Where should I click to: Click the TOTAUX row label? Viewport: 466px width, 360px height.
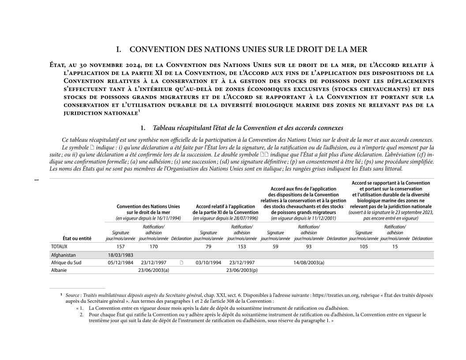click(59, 247)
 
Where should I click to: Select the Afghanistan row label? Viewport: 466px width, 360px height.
click(64, 255)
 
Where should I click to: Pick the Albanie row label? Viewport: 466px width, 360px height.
click(59, 270)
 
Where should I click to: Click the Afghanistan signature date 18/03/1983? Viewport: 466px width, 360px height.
click(120, 255)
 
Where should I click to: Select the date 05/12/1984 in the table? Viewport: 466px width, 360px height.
click(120, 262)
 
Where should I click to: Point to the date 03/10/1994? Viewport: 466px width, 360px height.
click(208, 262)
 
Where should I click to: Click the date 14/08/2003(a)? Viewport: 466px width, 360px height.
click(309, 262)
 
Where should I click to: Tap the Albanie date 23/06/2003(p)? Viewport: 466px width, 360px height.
click(242, 270)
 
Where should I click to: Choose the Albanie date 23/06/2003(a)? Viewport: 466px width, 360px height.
click(154, 270)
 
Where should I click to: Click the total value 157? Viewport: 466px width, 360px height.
click(120, 247)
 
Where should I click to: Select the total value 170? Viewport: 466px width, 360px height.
click(154, 247)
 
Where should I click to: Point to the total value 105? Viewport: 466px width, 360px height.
click(364, 247)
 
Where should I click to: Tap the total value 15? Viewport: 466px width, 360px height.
click(395, 247)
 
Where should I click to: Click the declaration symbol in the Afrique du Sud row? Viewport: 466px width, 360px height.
click(181, 262)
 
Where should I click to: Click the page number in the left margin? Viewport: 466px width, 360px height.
click(37, 180)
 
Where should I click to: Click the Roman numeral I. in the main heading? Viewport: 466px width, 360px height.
click(119, 49)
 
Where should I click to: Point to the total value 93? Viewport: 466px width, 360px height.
click(309, 247)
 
